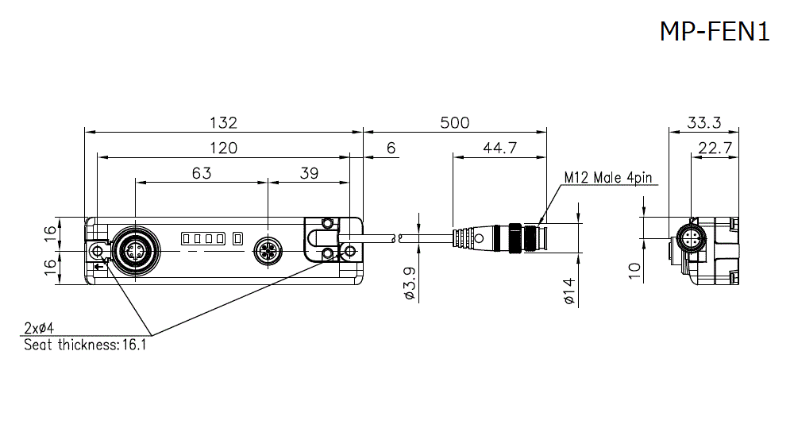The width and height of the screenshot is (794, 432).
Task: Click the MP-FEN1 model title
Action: click(715, 32)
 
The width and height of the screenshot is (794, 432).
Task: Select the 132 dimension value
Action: click(223, 122)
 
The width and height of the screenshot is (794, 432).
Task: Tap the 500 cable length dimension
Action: click(455, 122)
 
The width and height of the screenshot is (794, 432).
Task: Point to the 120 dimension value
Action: click(223, 148)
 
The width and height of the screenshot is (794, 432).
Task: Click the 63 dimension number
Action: click(202, 173)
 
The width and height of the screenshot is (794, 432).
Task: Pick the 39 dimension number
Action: click(309, 173)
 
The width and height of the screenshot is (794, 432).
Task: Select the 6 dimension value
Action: click(391, 148)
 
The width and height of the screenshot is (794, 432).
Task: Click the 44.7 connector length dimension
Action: click(499, 148)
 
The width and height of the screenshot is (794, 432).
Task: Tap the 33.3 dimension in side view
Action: click(703, 122)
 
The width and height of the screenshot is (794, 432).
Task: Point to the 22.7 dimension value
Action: click(715, 148)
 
